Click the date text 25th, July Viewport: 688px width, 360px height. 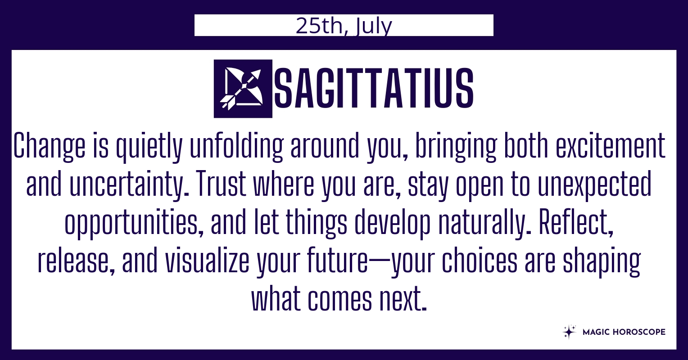pyautogui.click(x=344, y=26)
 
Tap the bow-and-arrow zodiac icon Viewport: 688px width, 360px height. pyautogui.click(x=243, y=89)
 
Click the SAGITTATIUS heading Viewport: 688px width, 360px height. pyautogui.click(x=374, y=89)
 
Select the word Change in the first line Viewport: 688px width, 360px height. pyautogui.click(x=49, y=146)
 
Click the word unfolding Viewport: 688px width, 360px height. pyautogui.click(x=236, y=146)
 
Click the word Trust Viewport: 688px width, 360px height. pyautogui.click(x=221, y=183)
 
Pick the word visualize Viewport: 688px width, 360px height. pyautogui.click(x=207, y=260)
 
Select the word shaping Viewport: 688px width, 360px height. pyautogui.click(x=602, y=261)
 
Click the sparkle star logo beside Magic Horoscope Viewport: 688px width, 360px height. pyautogui.click(x=569, y=332)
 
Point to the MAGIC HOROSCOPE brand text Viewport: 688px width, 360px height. pyautogui.click(x=624, y=332)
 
